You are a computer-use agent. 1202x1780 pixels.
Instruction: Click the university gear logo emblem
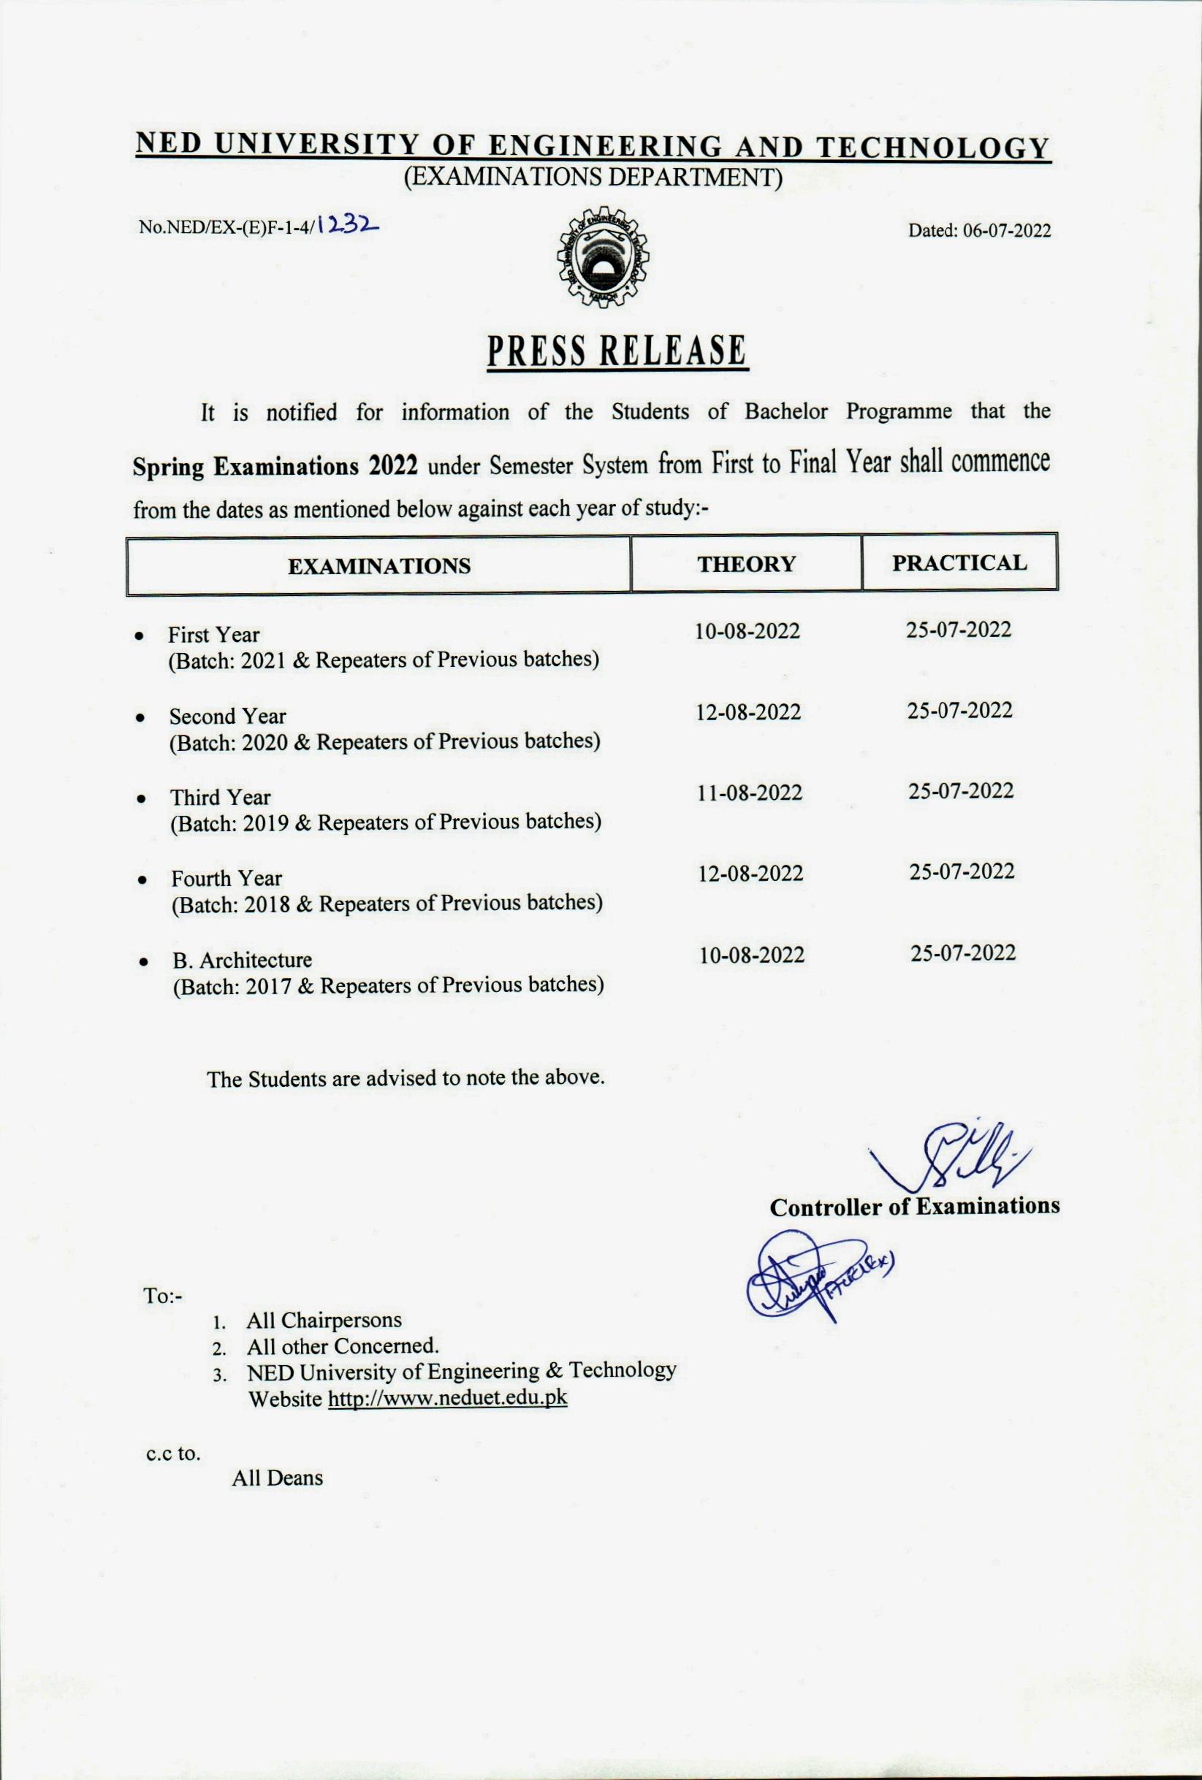coord(600,257)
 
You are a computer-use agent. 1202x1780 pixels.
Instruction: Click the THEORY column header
coord(746,565)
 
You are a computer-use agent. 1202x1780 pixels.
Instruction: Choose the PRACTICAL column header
coord(959,563)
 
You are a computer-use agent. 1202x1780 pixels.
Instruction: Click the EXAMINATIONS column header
coord(379,566)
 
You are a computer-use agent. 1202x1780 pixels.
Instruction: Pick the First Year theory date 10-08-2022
coord(747,631)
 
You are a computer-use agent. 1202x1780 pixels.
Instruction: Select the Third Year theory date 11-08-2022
coord(749,792)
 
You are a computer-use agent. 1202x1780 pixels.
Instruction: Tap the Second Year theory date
coord(748,712)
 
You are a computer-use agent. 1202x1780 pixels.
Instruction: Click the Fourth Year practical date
coord(962,871)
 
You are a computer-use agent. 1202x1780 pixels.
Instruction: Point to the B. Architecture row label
coord(242,960)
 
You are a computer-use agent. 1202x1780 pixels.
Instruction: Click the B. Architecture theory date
coord(752,955)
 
